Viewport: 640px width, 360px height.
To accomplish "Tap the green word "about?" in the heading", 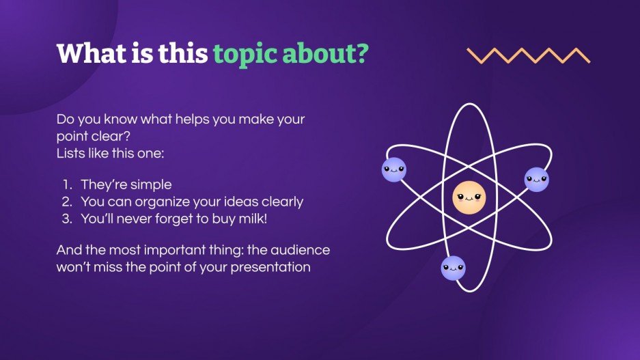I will click(324, 54).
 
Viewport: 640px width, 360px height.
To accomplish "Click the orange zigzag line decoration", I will click(528, 55).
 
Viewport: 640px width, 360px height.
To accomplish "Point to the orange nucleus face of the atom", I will click(469, 198).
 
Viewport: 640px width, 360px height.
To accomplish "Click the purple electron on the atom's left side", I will click(393, 169).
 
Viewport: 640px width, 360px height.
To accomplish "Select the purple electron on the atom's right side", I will click(536, 180).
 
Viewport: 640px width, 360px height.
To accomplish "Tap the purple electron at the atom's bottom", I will click(453, 268).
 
